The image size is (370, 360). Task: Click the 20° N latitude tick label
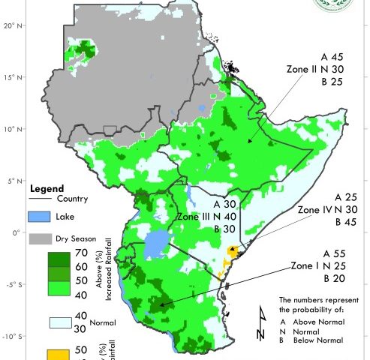pyautogui.click(x=11, y=25)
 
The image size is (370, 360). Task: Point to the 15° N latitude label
pyautogui.click(x=11, y=76)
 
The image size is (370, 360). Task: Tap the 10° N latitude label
pyautogui.click(x=11, y=128)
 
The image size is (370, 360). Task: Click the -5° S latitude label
pyautogui.click(x=11, y=284)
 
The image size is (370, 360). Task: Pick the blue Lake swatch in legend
pyautogui.click(x=44, y=217)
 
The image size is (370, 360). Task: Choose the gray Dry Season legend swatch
pyautogui.click(x=44, y=238)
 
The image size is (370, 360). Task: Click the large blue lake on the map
pyautogui.click(x=157, y=244)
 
